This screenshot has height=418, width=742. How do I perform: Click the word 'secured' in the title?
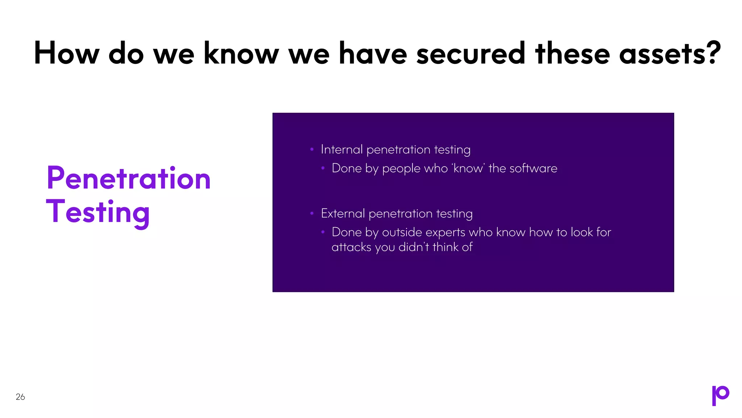point(470,54)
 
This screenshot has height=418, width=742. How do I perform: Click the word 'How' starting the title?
point(66,54)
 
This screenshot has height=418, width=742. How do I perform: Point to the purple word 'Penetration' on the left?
point(129,179)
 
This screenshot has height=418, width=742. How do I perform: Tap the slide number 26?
point(20,397)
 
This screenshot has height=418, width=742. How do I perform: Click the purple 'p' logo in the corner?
point(720,395)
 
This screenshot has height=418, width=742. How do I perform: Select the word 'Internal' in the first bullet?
point(342,149)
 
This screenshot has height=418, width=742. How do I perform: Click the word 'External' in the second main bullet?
point(343,213)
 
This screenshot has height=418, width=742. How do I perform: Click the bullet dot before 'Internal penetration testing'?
point(312,149)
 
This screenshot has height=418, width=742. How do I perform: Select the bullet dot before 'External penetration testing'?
point(312,213)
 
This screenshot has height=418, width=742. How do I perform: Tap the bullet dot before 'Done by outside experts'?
point(323,232)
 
